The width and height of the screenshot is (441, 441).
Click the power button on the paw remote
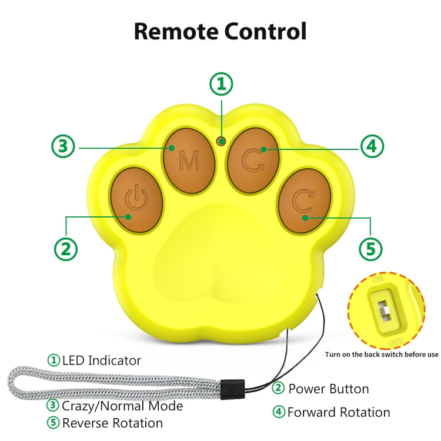pyautogui.click(x=136, y=200)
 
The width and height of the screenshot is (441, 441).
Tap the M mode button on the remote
pyautogui.click(x=189, y=161)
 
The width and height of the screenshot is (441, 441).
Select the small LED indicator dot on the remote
pyautogui.click(x=221, y=141)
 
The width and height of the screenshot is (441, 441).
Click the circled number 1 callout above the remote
pyautogui.click(x=221, y=84)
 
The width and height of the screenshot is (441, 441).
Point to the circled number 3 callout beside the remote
pyautogui.click(x=63, y=146)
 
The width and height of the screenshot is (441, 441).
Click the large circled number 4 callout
pyautogui.click(x=372, y=146)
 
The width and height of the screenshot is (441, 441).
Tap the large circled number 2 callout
pyautogui.click(x=66, y=249)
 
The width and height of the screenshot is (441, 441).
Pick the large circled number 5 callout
pyautogui.click(x=370, y=249)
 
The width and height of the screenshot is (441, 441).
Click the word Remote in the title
pyautogui.click(x=176, y=31)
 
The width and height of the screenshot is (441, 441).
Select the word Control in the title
pyautogui.click(x=266, y=31)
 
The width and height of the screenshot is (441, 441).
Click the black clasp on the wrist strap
pyautogui.click(x=232, y=389)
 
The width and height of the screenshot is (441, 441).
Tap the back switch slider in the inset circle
pyautogui.click(x=385, y=311)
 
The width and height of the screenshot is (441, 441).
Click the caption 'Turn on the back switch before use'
pyautogui.click(x=382, y=355)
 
